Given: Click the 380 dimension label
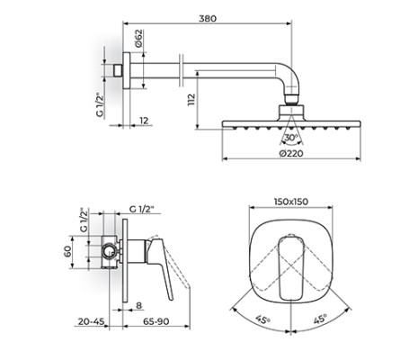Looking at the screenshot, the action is pos(208,18).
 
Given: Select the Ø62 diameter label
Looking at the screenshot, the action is pos(138,38).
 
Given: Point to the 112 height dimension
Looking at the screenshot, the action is pos(191,100).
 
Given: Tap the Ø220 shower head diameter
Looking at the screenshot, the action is pos(291,153).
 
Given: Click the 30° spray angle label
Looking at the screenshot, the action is pos(290,138).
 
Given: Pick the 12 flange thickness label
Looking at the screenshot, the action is pos(144,121).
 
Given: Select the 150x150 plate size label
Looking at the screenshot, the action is pos(291,202).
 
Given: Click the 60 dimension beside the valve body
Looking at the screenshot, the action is pos(67,251).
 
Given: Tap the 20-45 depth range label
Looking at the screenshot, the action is pos(91,321).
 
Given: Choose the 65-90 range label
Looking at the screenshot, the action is pos(156,321).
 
